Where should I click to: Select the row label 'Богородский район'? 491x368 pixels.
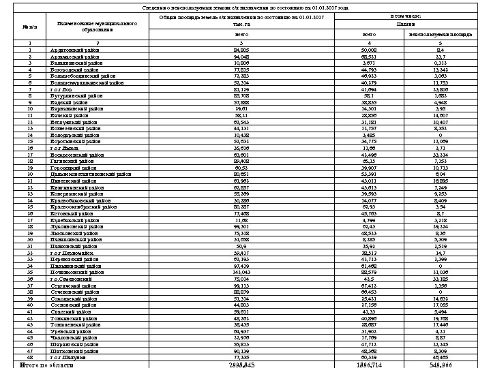click(x=75, y=70)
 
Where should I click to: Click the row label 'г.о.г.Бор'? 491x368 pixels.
click(x=63, y=89)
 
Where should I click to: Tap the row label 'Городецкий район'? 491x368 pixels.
click(x=74, y=166)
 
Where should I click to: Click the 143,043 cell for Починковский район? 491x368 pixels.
click(x=240, y=272)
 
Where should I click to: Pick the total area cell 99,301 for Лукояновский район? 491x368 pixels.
click(x=240, y=226)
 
